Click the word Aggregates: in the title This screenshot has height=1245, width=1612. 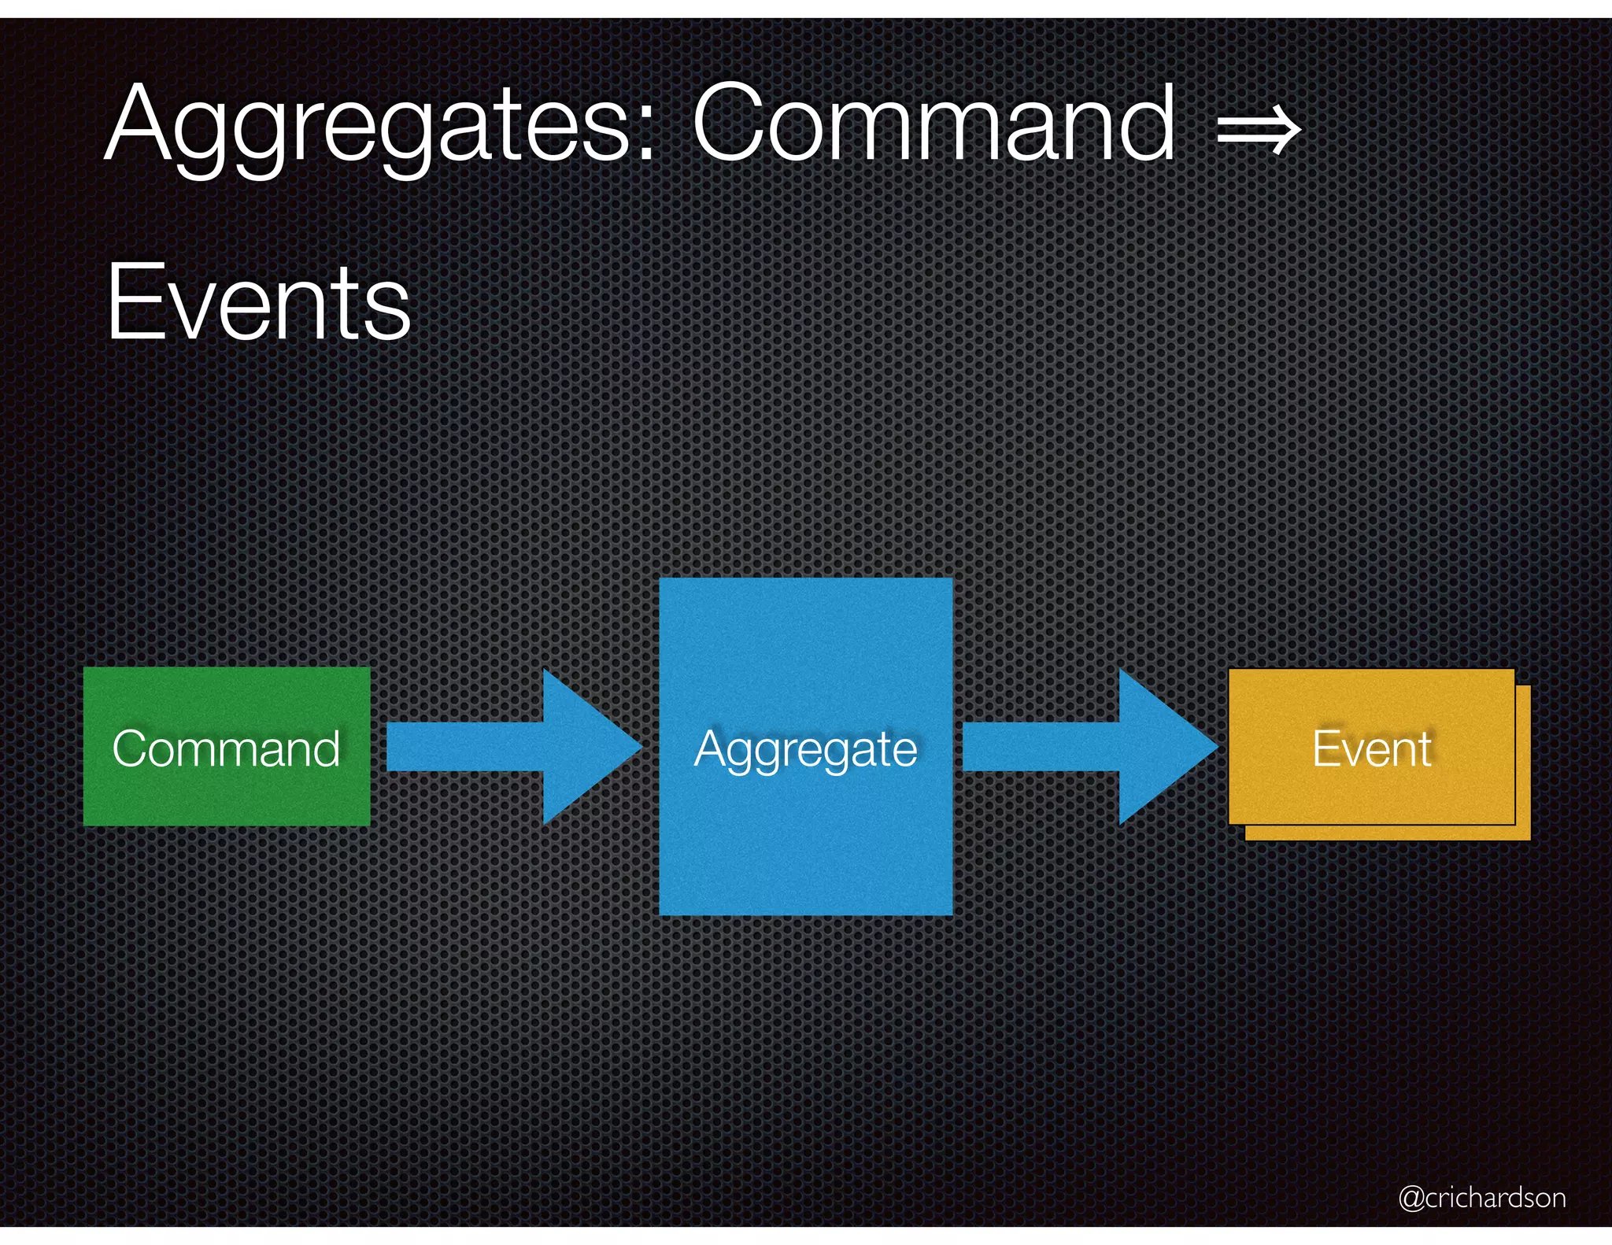point(378,126)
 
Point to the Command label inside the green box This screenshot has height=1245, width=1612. point(227,748)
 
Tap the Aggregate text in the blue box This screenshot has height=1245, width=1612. point(805,750)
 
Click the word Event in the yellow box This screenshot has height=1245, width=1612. point(1371,748)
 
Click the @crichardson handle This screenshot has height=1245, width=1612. point(1481,1197)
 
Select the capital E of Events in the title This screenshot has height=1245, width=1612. point(130,303)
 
